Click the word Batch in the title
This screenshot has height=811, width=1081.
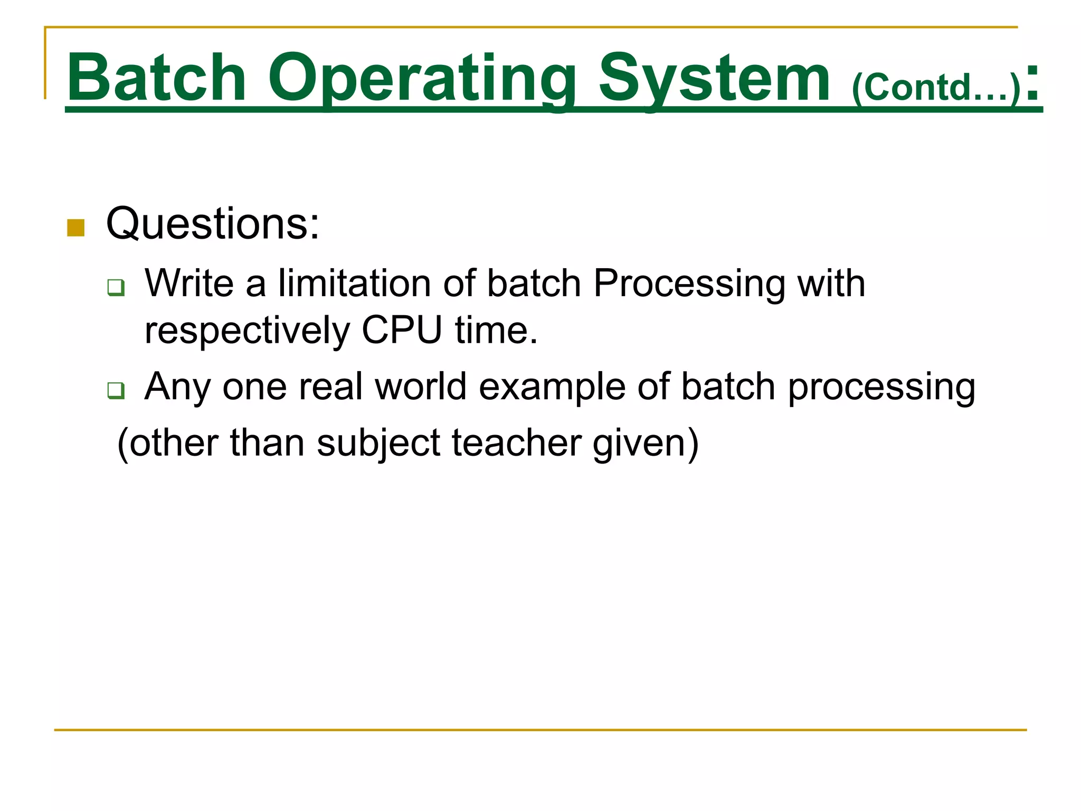[157, 78]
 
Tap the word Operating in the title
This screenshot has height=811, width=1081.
[422, 78]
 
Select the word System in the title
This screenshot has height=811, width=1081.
[714, 78]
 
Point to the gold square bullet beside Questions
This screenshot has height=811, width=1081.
[76, 228]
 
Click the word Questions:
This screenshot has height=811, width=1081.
[213, 224]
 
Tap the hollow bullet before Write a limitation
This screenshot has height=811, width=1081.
[116, 287]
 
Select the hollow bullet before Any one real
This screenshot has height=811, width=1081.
[116, 390]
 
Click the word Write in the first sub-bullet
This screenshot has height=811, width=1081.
[189, 284]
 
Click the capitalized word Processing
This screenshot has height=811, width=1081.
[689, 284]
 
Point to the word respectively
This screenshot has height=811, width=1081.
[247, 331]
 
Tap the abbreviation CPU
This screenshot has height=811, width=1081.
[401, 331]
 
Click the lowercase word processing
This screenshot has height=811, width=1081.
[881, 386]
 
